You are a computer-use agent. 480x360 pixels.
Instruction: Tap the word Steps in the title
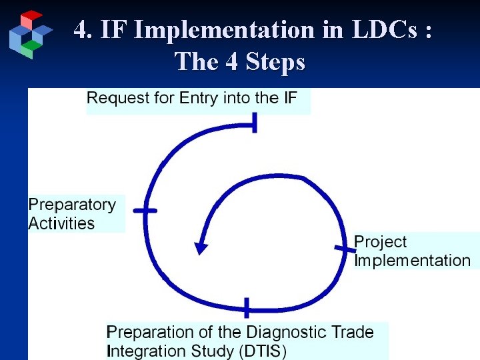coord(275,62)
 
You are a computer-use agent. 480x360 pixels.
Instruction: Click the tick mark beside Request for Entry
coord(253,123)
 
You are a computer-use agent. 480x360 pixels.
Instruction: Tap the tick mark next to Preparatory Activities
coord(145,211)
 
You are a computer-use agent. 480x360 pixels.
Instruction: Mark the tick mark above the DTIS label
coord(247,308)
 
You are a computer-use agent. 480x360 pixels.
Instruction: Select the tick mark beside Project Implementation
coord(345,250)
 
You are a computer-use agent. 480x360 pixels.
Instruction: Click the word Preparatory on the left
coord(72,205)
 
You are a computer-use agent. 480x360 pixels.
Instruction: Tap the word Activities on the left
coord(61,223)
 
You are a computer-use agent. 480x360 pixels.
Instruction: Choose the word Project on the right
coord(380,242)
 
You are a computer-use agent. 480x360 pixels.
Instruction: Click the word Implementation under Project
coord(413,261)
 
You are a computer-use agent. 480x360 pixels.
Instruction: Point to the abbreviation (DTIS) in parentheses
coord(261,351)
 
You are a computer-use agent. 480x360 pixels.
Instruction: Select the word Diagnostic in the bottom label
coord(287,332)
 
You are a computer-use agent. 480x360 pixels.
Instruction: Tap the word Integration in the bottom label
coord(147,351)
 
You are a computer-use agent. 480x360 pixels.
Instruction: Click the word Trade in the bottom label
coord(351,332)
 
